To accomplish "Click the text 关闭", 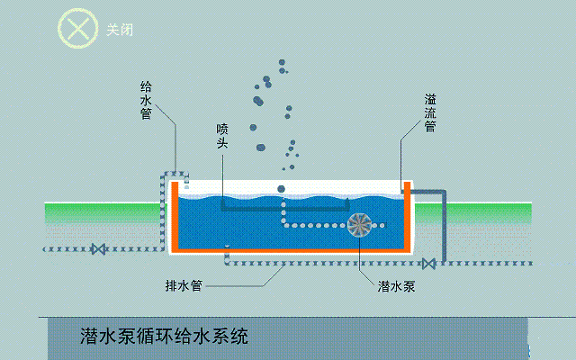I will coord(120,30).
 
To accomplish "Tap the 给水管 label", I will coord(146,101).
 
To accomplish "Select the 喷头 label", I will coord(223,136).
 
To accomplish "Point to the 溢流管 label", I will coord(430,111).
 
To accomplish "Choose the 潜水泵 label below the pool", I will coord(395,288).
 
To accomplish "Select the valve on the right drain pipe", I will coord(429,263).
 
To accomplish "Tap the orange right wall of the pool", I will coord(408,216).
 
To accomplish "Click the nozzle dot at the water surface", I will coord(282,189).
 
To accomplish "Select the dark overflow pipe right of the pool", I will coord(441,220).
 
